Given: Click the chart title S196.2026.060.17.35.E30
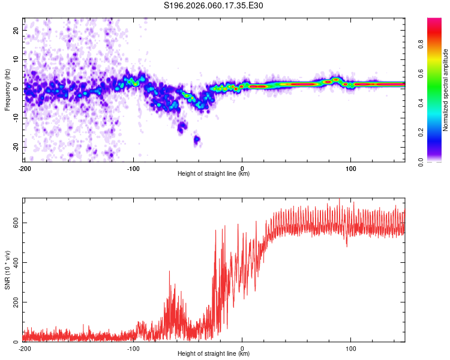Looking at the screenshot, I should (x=214, y=5).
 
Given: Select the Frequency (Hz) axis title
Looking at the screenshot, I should (x=7, y=89).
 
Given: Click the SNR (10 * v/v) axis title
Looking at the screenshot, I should (x=7, y=269).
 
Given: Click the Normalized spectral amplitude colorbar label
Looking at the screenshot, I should (x=446, y=89).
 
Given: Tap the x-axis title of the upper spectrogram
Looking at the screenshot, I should (x=214, y=174).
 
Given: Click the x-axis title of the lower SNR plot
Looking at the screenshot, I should (x=214, y=354).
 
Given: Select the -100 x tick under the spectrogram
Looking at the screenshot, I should (x=133, y=167).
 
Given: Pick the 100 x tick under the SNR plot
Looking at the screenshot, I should (x=351, y=348).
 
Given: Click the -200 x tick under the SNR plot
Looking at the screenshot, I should (x=25, y=348).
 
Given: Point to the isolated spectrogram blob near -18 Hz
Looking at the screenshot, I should (x=196, y=140).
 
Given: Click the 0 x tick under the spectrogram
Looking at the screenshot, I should (x=242, y=167).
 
